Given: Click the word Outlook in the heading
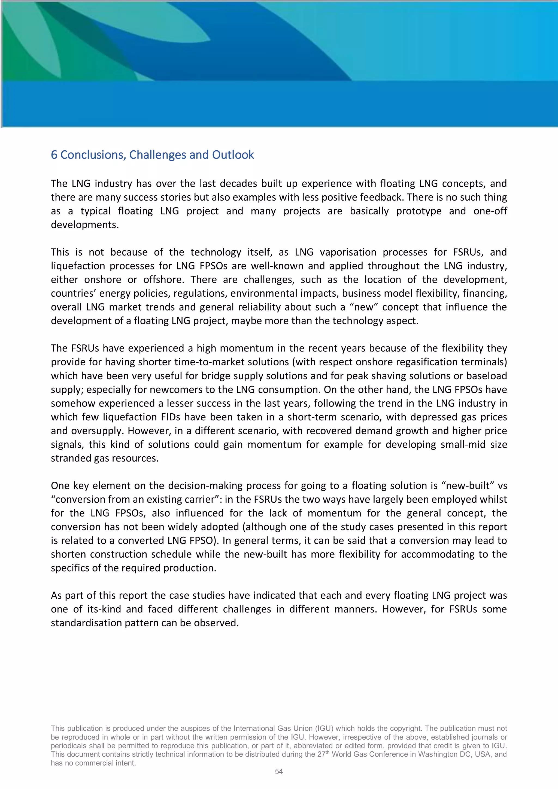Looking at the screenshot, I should click(233, 155).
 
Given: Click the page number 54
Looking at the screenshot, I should click(279, 772).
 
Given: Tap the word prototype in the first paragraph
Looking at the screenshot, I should click(418, 211).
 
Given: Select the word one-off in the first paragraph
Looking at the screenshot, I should click(490, 211).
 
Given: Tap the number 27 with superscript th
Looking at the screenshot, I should click(320, 754).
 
